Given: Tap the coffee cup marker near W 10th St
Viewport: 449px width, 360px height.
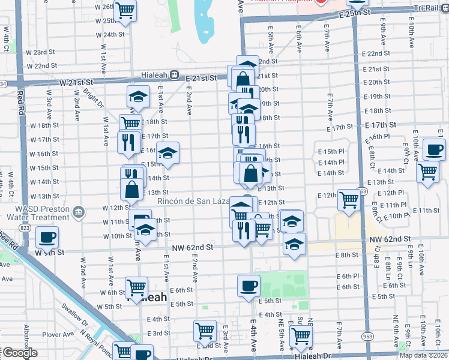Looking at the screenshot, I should [x=47, y=237].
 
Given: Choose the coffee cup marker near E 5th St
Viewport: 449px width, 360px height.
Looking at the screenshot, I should [x=249, y=286].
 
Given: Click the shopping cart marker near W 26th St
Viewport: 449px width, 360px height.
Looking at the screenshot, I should [x=125, y=10].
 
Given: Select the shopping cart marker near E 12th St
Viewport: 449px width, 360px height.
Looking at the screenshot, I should [x=349, y=200].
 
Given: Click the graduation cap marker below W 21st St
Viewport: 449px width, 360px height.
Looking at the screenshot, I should [x=138, y=97].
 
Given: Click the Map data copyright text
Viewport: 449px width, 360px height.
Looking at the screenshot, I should [x=423, y=355].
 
